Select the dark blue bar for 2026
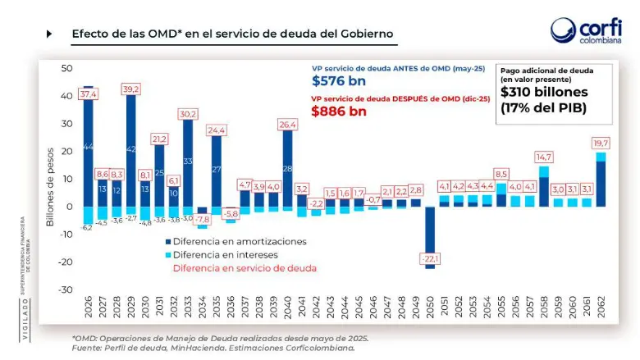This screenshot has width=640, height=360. point(88,148)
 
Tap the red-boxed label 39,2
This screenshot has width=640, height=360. point(131,89)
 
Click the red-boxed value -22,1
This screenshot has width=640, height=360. point(430,259)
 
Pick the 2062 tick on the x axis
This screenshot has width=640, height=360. point(603,308)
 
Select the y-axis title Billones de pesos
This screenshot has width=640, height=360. point(50,180)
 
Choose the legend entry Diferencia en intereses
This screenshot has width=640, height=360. point(222,254)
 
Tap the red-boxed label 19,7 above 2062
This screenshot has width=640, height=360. point(603,144)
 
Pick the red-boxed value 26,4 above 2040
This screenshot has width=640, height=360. point(287,125)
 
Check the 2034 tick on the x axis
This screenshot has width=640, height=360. point(203,308)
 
